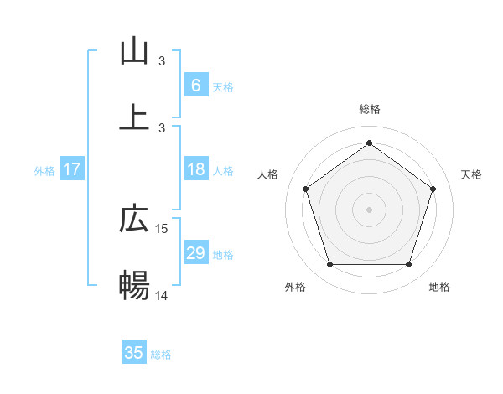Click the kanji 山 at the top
(134, 51)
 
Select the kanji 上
(134, 116)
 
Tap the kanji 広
(134, 220)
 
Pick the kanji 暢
(134, 285)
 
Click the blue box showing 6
(195, 86)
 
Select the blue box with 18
(195, 169)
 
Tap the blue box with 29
(195, 253)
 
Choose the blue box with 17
(72, 169)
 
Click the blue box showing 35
(134, 353)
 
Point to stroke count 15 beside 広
(162, 228)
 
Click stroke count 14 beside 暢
(162, 294)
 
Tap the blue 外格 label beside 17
(44, 170)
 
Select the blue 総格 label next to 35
(161, 354)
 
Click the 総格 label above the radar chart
(369, 109)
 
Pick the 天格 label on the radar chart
(471, 174)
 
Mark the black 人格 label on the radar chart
(268, 174)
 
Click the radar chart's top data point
(369, 143)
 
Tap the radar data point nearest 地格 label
(408, 265)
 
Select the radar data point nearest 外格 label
(329, 265)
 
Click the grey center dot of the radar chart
(369, 210)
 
